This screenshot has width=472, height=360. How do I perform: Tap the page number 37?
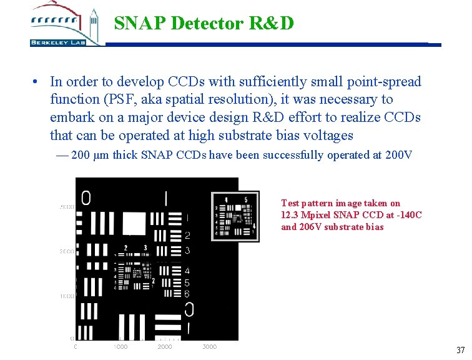[460, 350]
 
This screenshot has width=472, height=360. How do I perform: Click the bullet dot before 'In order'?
[38, 82]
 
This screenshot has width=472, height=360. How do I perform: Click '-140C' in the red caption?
[410, 215]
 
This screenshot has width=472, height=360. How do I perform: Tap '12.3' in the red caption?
[288, 215]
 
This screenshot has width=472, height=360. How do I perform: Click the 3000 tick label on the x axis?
[210, 346]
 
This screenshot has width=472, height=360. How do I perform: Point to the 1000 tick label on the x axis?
[120, 346]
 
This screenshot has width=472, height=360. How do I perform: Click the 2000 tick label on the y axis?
[67, 251]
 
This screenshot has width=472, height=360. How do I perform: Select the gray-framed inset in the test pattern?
[235, 216]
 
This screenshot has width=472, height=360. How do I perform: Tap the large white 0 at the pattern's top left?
[86, 198]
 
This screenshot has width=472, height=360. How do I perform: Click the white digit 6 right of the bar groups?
[187, 294]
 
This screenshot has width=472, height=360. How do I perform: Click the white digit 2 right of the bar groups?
[187, 236]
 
